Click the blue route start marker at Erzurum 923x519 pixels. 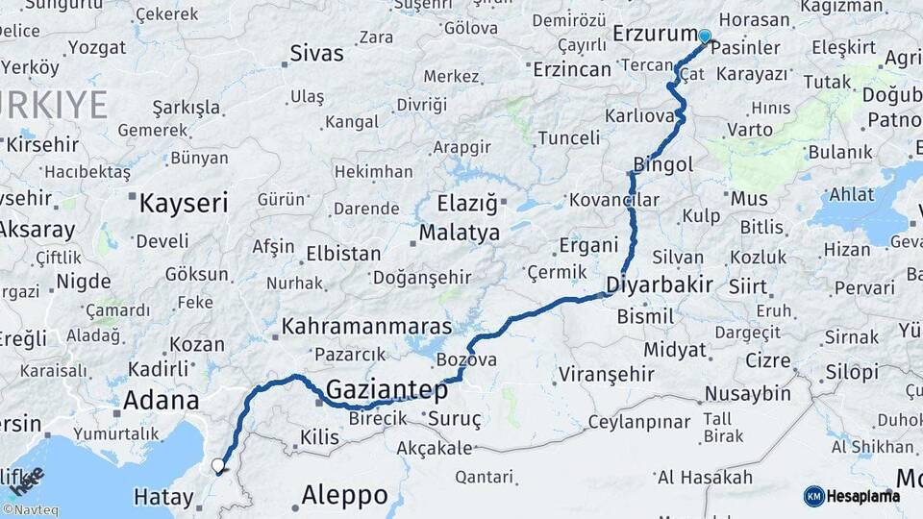point(705,37)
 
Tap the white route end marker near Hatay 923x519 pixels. point(218,466)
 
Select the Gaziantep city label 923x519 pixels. point(387,390)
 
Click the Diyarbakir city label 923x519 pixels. point(660,284)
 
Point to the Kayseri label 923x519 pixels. point(184,204)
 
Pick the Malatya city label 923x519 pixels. point(460,233)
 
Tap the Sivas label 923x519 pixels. point(316,54)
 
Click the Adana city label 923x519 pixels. point(162,401)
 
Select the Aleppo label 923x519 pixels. point(344,496)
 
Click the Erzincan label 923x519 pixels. point(572,69)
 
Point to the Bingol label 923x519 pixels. point(663,165)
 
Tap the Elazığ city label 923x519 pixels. point(468,204)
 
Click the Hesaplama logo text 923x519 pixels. point(865,496)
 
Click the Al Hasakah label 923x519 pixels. point(705,478)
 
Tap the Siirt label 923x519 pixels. point(748,285)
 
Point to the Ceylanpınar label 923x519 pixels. point(639,423)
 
